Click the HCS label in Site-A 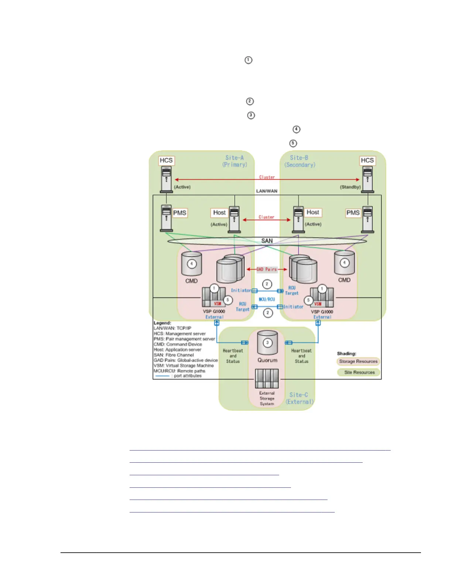point(166,160)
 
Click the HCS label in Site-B point(367,160)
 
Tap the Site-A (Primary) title point(234,161)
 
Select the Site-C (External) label point(299,398)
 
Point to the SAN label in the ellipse point(267,241)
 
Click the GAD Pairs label point(267,269)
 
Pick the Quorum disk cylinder point(267,343)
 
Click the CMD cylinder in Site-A point(191,264)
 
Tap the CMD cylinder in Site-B point(344,263)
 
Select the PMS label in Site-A point(180,213)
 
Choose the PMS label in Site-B point(353,213)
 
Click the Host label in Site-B point(313,212)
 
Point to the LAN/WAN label point(267,191)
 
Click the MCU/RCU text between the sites point(267,299)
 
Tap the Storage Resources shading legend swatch point(358,361)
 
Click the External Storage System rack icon point(267,379)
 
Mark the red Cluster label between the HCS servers point(267,177)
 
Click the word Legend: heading point(162,323)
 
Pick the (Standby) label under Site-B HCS point(350,187)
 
